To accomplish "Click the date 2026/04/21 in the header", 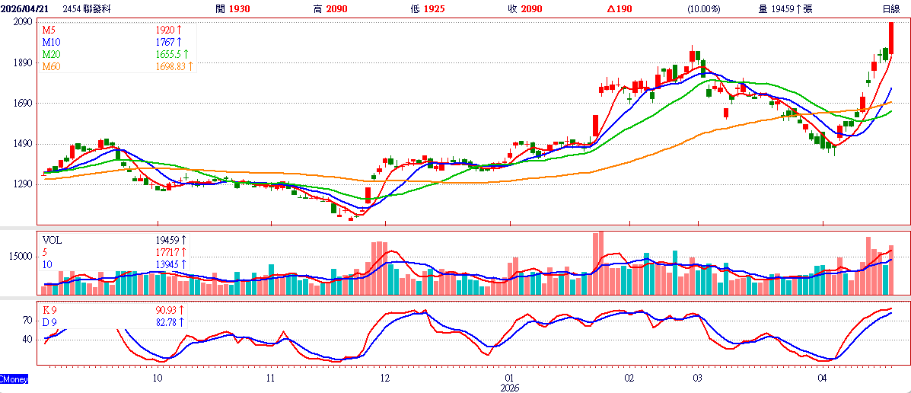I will click(x=26, y=8).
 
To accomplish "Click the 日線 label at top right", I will click(x=891, y=8).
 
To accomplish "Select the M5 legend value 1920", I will click(x=166, y=30).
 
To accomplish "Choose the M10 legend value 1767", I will click(x=166, y=42).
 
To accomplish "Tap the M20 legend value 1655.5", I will click(x=169, y=54).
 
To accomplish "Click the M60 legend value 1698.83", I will click(x=172, y=66).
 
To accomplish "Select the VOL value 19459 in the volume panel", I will click(x=167, y=240).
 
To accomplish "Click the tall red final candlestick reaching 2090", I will click(x=891, y=38).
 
